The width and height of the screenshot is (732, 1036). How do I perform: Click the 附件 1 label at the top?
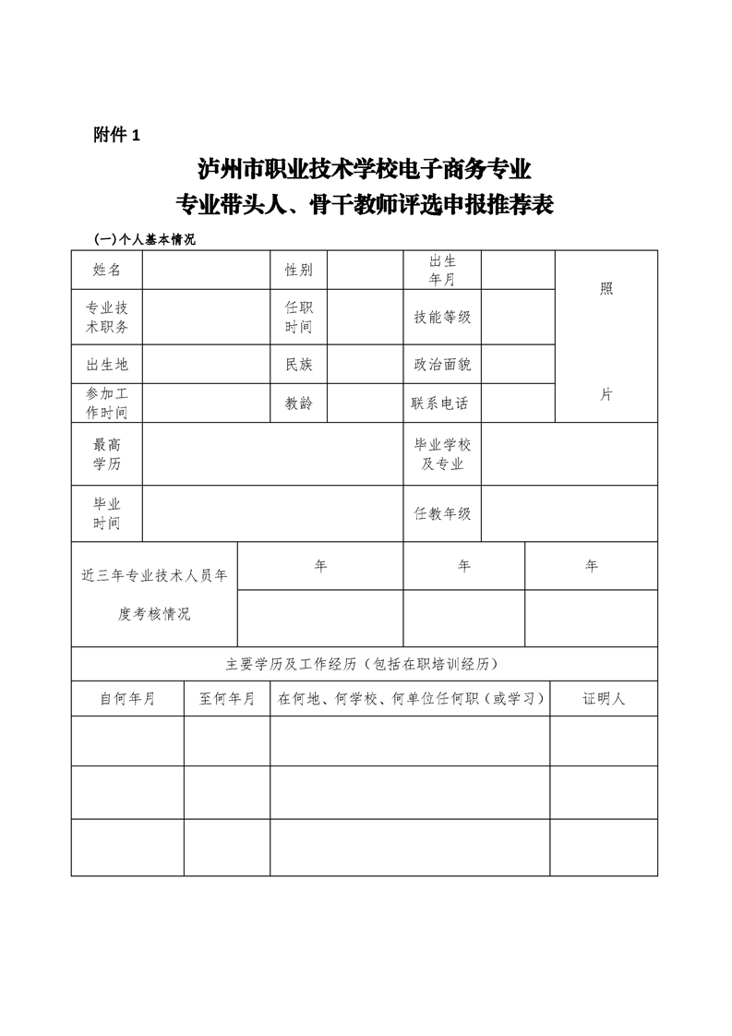(116, 136)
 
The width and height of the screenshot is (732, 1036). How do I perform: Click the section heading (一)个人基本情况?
(146, 240)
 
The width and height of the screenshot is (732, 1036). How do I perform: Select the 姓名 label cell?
(106, 270)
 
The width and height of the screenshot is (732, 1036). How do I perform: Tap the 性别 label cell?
(298, 270)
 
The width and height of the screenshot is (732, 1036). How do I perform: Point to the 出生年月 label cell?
(442, 270)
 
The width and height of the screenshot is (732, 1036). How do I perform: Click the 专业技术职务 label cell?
(106, 318)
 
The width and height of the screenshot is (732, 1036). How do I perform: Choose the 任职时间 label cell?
(298, 318)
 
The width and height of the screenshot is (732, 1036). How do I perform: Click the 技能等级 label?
(442, 318)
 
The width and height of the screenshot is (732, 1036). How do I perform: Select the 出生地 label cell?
(106, 364)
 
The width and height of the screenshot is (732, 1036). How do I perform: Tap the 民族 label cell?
(298, 364)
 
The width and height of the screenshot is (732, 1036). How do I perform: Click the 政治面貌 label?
(442, 364)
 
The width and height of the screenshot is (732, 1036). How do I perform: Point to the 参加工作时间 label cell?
(106, 403)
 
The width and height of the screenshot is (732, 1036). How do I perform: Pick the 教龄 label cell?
(298, 403)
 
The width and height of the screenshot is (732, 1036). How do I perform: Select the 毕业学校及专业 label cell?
(442, 454)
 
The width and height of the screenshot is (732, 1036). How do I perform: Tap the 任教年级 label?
(442, 513)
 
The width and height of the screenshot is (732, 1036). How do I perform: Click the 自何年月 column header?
(127, 699)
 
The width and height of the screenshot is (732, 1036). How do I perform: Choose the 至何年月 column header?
(226, 699)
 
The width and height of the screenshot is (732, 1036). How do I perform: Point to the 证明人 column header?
(604, 699)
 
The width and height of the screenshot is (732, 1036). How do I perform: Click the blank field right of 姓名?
(206, 270)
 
